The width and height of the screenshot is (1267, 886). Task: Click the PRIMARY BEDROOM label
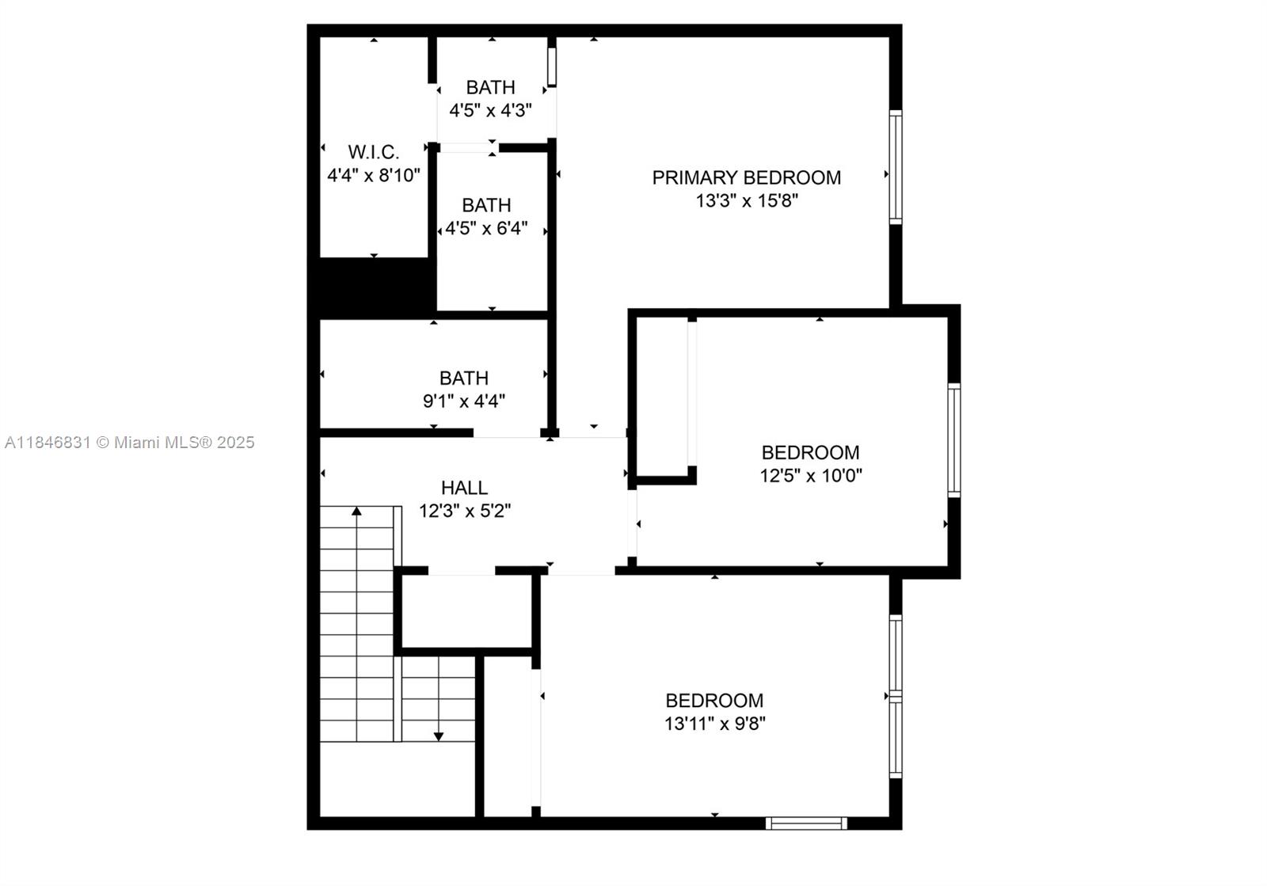(746, 177)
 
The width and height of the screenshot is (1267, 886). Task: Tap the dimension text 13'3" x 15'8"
(746, 200)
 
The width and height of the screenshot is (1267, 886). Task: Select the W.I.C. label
(373, 152)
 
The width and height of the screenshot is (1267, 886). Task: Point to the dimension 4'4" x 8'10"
(373, 175)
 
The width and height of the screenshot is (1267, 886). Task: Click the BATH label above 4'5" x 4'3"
(490, 87)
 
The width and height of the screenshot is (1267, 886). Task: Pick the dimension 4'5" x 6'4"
(486, 229)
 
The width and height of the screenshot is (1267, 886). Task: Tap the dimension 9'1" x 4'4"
(464, 401)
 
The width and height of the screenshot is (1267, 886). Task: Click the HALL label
(464, 488)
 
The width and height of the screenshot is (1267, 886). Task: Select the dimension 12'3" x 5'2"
(464, 511)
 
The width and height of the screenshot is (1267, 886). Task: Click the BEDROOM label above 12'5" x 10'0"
(810, 452)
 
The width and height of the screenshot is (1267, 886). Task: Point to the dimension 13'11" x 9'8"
(714, 723)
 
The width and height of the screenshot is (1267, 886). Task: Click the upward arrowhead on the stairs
(356, 511)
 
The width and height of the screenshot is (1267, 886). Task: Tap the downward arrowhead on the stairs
(438, 736)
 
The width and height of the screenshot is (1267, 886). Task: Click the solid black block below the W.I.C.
(376, 287)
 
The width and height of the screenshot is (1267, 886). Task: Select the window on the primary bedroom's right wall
(895, 167)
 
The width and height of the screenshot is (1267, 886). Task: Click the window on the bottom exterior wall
(806, 823)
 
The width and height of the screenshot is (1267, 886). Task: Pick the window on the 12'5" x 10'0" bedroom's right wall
(954, 440)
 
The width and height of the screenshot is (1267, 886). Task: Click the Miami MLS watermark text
(129, 443)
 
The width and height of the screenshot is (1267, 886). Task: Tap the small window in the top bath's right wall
(552, 67)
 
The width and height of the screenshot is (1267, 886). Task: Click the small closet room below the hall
(466, 611)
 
